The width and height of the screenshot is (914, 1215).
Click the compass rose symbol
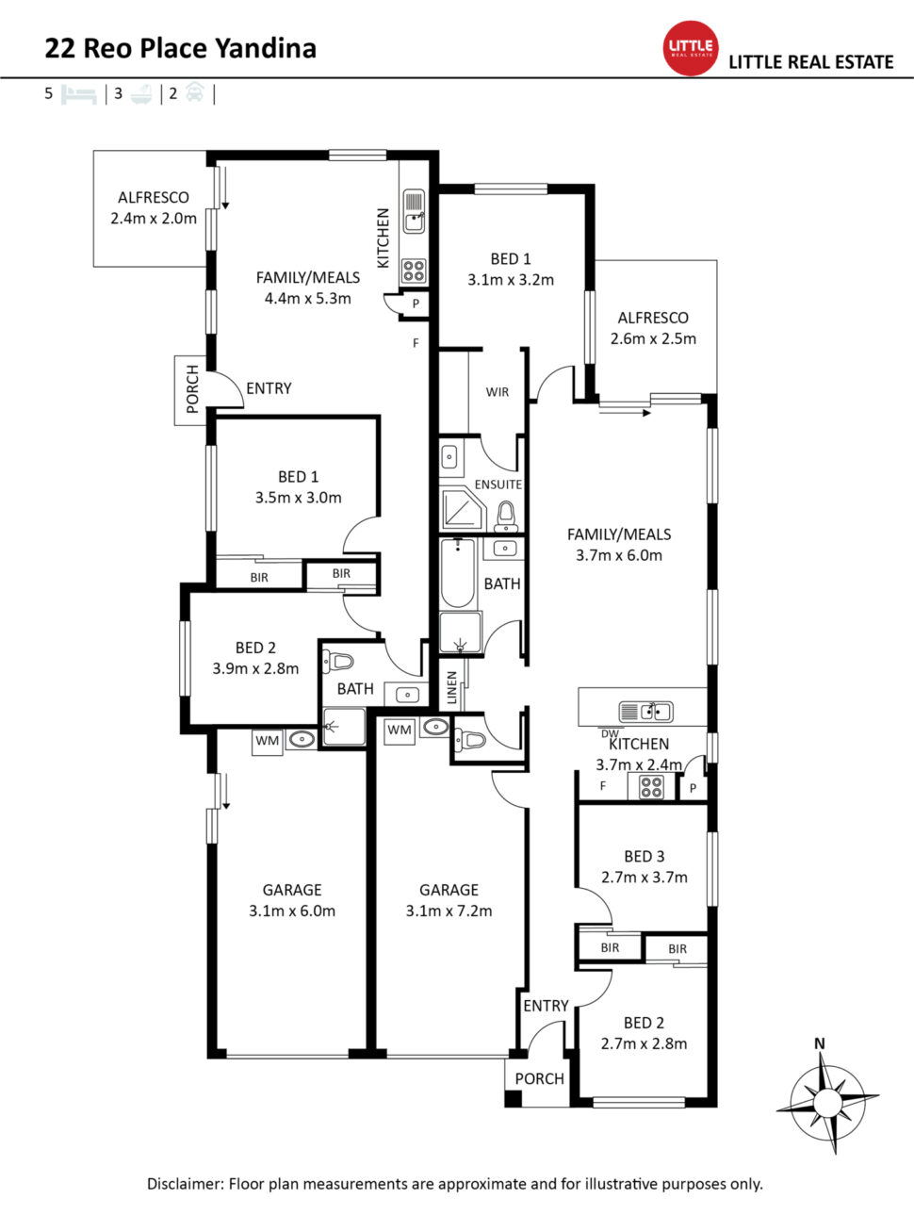click(827, 1101)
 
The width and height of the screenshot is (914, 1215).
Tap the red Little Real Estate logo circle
click(691, 47)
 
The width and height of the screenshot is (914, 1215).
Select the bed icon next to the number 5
click(79, 94)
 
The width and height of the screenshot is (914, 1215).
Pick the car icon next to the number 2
click(194, 93)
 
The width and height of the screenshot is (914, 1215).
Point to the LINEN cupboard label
click(452, 687)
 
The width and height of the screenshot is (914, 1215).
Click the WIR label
click(498, 392)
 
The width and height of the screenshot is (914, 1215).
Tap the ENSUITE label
click(498, 484)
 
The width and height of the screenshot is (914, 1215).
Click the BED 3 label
click(644, 856)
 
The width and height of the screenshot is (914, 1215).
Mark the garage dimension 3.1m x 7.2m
click(449, 911)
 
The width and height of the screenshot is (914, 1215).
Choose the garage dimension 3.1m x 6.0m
click(292, 911)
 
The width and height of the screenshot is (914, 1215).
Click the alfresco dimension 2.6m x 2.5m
click(653, 338)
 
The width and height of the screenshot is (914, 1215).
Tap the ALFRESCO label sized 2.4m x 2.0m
click(154, 197)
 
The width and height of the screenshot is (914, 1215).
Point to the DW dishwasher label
click(610, 733)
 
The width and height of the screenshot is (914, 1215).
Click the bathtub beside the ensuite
click(458, 573)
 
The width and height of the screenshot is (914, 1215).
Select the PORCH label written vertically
click(192, 388)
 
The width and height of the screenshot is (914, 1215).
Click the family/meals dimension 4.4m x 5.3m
click(308, 298)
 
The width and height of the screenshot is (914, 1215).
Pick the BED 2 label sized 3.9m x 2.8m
click(255, 648)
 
